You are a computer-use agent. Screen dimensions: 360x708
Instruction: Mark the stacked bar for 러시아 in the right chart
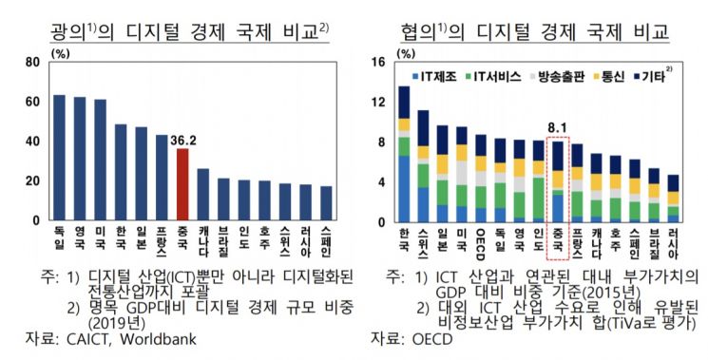tap(673, 198)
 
